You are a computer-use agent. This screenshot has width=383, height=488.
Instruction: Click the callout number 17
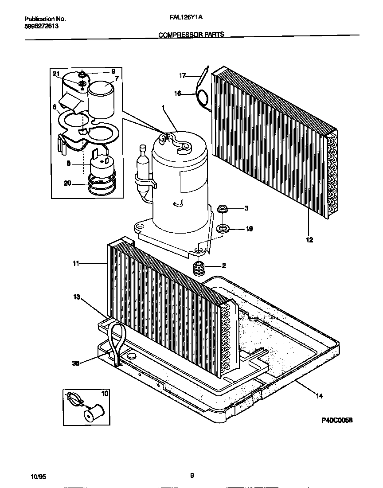click(x=182, y=76)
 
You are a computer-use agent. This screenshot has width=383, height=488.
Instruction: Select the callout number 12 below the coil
click(x=309, y=240)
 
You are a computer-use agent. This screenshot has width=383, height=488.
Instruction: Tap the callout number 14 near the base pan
click(x=319, y=396)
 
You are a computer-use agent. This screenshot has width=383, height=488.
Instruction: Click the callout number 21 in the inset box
click(x=56, y=74)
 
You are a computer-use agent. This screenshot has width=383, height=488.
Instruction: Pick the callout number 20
click(x=67, y=183)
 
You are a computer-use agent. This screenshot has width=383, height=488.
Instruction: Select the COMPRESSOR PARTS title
click(x=191, y=34)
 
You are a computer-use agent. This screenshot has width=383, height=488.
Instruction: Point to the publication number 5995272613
click(x=41, y=26)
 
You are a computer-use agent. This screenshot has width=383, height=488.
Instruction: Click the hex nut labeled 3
click(x=223, y=208)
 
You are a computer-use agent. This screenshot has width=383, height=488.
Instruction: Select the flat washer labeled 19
click(x=223, y=229)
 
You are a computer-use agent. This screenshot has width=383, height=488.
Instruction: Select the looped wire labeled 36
click(x=117, y=339)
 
